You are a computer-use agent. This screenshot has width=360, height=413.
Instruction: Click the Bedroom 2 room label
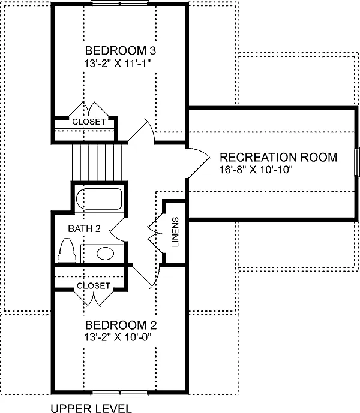[121, 325]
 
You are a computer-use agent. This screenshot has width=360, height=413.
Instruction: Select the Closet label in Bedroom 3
[89, 122]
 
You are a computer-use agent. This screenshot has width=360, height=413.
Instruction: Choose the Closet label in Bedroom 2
[94, 286]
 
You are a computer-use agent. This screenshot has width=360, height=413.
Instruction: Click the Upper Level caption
[91, 409]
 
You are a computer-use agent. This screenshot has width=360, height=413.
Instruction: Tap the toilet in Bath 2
[67, 251]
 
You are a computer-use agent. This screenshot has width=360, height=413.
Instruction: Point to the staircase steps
[97, 161]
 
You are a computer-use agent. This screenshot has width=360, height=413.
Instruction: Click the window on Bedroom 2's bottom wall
[120, 394]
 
